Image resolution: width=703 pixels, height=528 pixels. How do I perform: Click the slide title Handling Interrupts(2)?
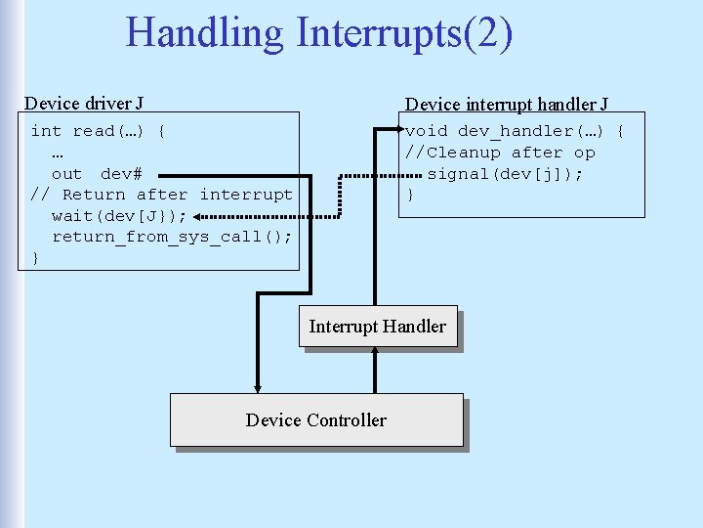point(318,32)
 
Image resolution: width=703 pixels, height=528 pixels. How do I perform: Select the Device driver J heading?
point(84,103)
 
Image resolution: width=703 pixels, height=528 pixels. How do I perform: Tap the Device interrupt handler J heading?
point(507,104)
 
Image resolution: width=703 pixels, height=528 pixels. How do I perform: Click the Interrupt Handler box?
point(377,327)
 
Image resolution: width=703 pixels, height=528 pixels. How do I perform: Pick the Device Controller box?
point(315,419)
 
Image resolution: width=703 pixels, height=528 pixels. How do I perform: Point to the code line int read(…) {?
point(98,131)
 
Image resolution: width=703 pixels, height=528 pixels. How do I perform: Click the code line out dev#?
point(97,174)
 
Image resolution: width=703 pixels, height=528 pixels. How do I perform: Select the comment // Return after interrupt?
point(161,195)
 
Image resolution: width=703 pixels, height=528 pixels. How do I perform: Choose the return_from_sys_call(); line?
point(172,237)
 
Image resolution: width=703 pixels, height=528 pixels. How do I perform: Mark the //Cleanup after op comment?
point(500,153)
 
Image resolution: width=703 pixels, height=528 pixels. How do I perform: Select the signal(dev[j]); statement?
point(505,174)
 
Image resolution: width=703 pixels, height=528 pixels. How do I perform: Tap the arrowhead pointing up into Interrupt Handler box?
point(376,354)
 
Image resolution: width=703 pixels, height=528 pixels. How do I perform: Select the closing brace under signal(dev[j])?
point(410,196)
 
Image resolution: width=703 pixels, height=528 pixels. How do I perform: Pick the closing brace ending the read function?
point(35,258)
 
